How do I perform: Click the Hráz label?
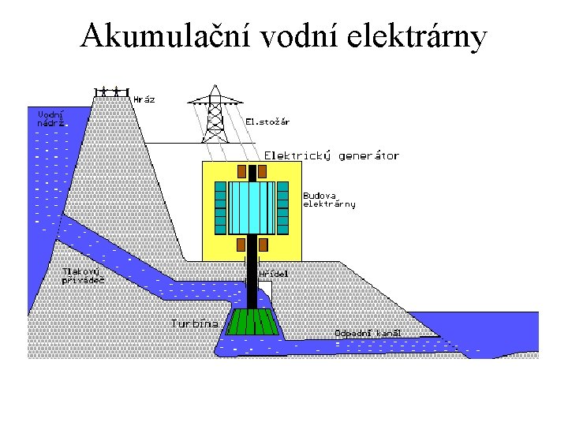click(x=144, y=100)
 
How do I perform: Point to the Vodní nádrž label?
click(x=50, y=118)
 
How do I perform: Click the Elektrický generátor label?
click(x=331, y=155)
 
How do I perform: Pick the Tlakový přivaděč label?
click(x=83, y=275)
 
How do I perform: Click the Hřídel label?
click(x=274, y=274)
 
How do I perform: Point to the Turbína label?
click(x=194, y=323)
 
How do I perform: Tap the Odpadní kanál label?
click(x=368, y=333)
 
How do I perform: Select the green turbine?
click(x=252, y=323)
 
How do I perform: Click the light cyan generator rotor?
click(x=252, y=204)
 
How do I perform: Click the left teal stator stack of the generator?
click(x=221, y=205)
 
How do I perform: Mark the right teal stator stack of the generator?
click(x=285, y=205)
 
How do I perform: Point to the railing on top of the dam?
click(x=111, y=90)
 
